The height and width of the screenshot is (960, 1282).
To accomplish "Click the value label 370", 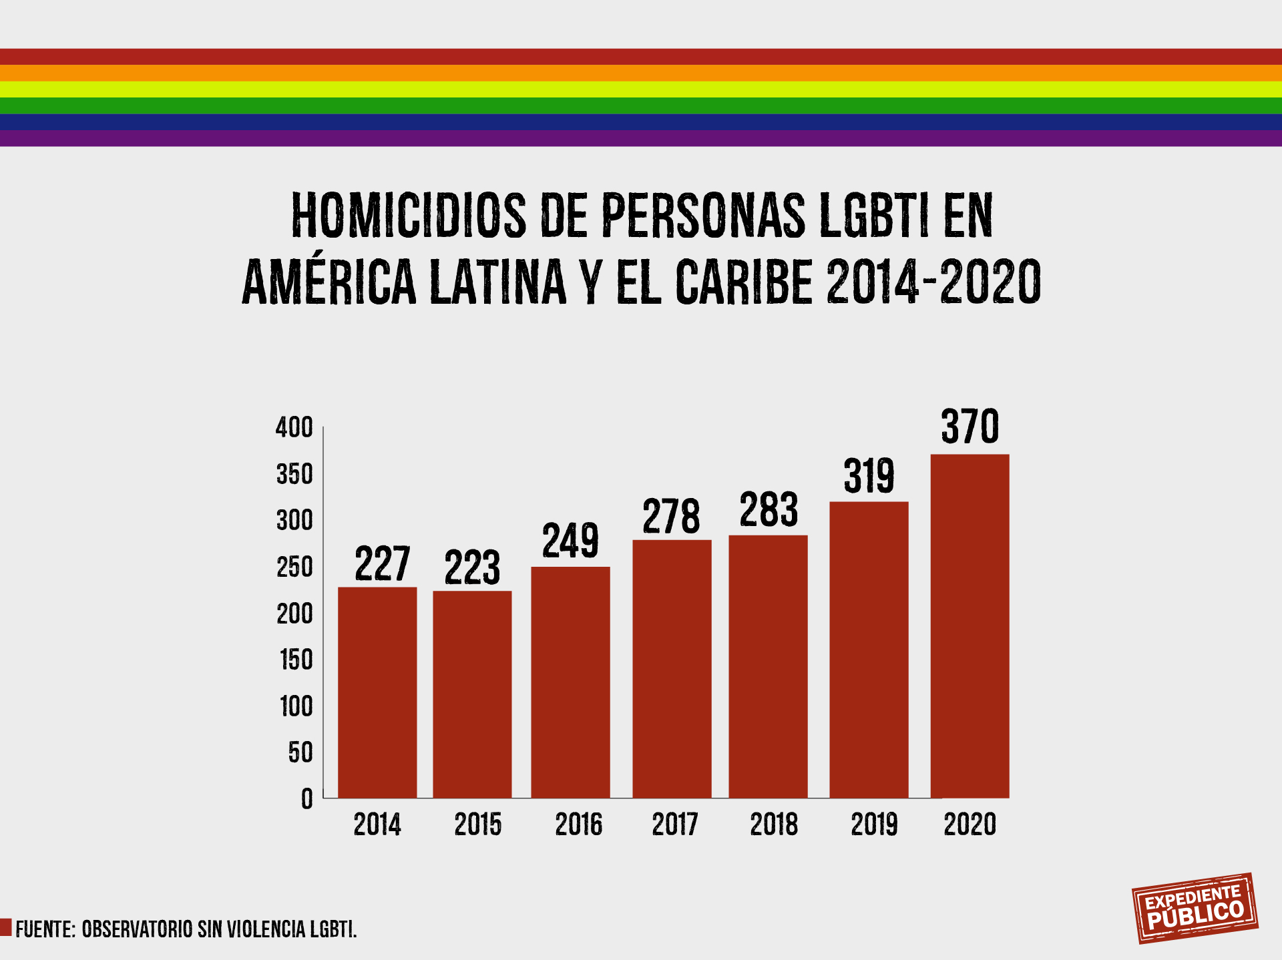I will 970,427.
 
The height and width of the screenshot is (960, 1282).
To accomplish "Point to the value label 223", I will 472,568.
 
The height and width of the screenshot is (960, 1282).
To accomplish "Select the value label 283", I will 769,510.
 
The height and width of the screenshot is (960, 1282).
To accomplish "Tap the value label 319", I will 869,477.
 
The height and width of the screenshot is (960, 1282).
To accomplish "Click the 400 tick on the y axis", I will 294,428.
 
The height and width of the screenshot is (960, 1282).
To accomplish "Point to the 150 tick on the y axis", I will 296,660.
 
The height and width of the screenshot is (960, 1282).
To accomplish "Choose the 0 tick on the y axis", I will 306,798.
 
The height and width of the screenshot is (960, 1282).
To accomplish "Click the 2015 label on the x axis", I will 477,824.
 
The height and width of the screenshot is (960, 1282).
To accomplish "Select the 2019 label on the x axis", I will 873,824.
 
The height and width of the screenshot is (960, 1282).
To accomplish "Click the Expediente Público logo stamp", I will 1195,908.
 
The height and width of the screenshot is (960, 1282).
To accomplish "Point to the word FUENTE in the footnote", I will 45,929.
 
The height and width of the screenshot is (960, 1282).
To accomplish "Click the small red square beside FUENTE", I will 6,927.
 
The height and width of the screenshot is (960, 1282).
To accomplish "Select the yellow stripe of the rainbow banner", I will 641,89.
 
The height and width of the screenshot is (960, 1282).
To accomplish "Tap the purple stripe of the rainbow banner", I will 641,138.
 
